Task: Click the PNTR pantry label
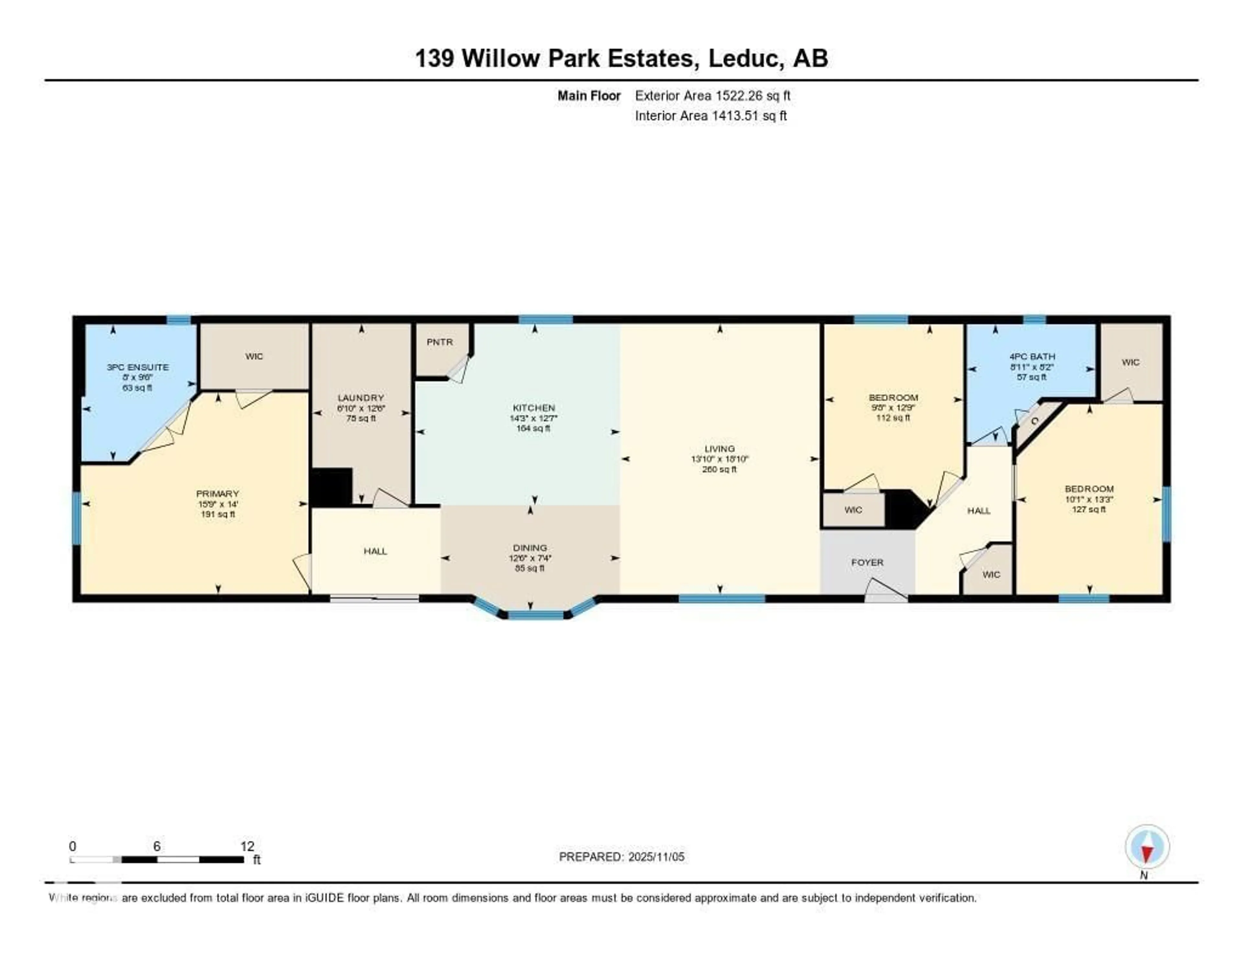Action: pos(439,342)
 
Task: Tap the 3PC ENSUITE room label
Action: pos(137,367)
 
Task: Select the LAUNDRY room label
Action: pos(361,398)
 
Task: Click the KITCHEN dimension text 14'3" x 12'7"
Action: pos(533,418)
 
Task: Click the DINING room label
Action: pos(530,547)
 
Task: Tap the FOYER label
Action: pos(868,562)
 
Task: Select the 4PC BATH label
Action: pos(1032,357)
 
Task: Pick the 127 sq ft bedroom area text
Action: pos(1089,509)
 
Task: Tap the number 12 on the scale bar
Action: pos(247,846)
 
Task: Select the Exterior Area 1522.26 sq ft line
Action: pos(712,95)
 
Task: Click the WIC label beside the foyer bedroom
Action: pos(853,510)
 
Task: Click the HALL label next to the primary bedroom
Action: pos(375,551)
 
